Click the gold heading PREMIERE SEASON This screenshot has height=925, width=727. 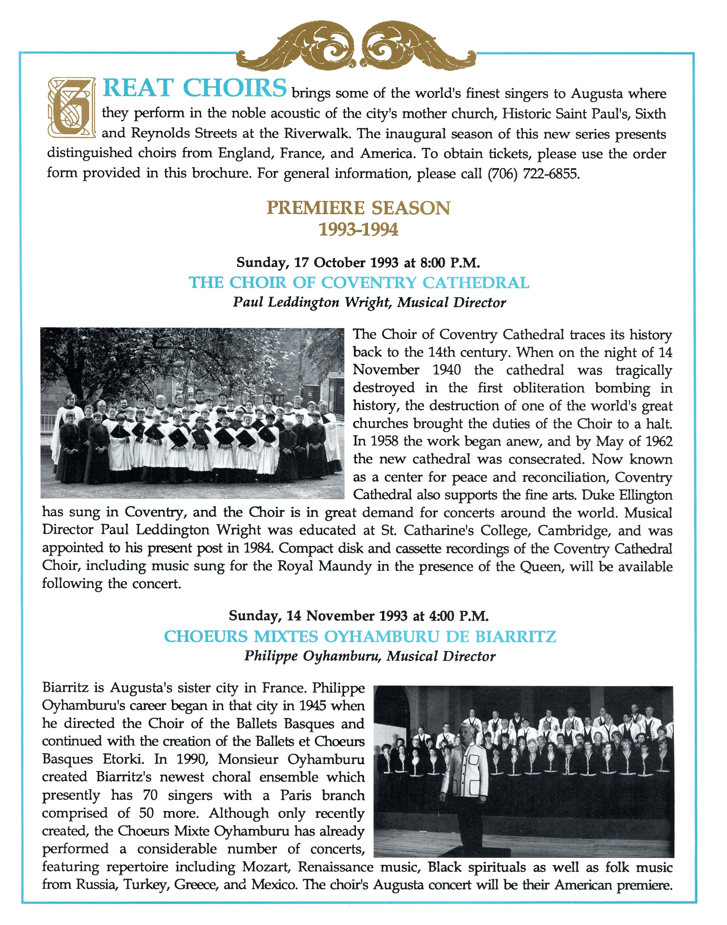tap(358, 208)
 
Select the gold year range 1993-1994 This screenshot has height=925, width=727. tap(358, 230)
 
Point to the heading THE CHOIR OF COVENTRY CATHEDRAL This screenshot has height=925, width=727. tap(359, 283)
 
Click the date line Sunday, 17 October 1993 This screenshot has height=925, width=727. tap(358, 262)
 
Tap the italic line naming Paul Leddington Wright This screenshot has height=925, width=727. tap(369, 303)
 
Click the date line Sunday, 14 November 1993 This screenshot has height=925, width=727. tap(358, 616)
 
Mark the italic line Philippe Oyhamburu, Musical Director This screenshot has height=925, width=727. tap(369, 656)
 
